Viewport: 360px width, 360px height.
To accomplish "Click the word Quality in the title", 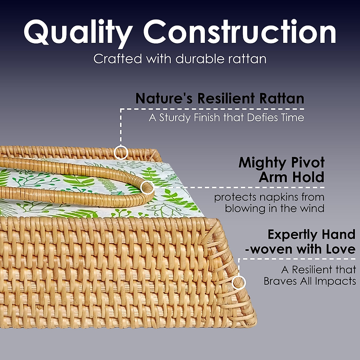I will (78, 32).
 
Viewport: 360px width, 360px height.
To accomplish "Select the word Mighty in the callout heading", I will (262, 163).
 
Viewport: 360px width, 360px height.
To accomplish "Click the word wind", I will (313, 208).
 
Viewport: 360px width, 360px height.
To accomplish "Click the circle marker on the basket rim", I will (121, 152).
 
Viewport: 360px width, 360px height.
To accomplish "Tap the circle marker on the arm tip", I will (147, 188).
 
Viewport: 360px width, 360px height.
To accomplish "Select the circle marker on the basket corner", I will (239, 282).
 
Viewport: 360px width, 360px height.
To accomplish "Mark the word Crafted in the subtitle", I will (117, 59).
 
